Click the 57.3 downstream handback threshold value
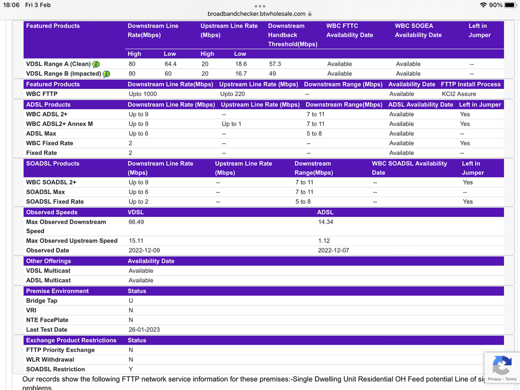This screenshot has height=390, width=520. click(x=274, y=64)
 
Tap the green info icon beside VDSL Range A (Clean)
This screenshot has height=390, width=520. click(x=96, y=64)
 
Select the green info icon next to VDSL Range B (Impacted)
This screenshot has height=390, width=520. click(x=106, y=74)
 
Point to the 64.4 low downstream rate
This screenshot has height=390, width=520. click(x=171, y=64)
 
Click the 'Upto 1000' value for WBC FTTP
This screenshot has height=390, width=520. click(x=143, y=94)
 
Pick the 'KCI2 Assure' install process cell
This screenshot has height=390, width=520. click(x=459, y=94)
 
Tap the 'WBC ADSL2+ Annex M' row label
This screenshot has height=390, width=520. click(x=59, y=124)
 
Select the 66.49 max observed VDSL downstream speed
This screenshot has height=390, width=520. click(x=136, y=222)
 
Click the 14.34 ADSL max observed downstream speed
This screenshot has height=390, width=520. click(x=325, y=222)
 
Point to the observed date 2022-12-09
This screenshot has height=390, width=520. click(x=144, y=250)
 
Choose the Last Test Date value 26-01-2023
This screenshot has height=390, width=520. click(x=144, y=330)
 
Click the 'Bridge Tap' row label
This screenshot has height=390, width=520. click(x=42, y=301)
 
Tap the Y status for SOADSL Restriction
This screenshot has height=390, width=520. click(x=131, y=369)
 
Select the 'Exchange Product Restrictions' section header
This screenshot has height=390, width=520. click(x=71, y=341)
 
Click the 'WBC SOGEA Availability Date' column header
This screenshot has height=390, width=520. click(x=418, y=30)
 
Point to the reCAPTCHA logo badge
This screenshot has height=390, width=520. click(x=501, y=366)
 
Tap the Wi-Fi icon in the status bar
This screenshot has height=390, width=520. click(x=484, y=5)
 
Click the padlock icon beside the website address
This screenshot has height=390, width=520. click(x=310, y=14)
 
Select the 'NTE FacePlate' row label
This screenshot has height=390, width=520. click(x=47, y=320)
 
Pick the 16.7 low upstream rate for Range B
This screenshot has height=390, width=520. click(x=241, y=74)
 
